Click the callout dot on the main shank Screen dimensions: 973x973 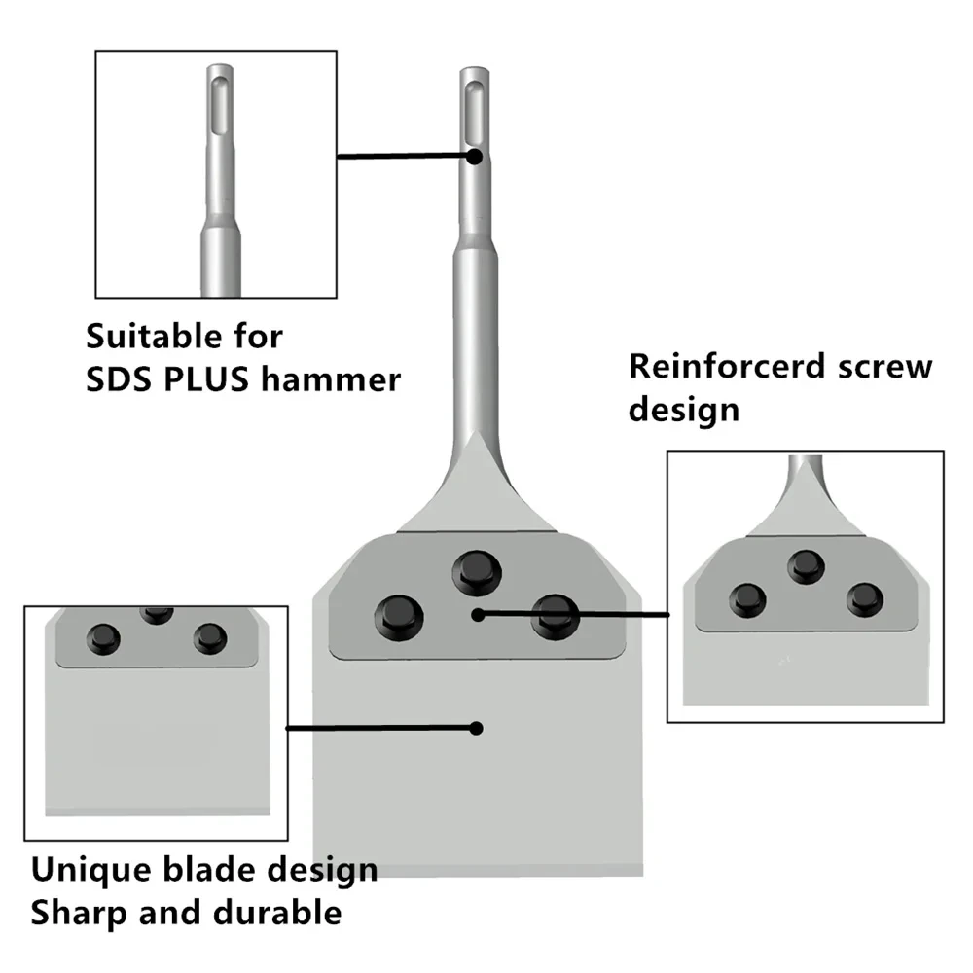point(472,155)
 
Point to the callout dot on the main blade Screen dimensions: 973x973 point(476,727)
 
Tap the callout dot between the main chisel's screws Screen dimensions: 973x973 point(476,614)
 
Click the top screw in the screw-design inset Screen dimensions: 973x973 point(805,565)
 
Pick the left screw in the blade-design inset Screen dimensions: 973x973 point(102,639)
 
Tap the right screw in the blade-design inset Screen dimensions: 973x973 point(209,639)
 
